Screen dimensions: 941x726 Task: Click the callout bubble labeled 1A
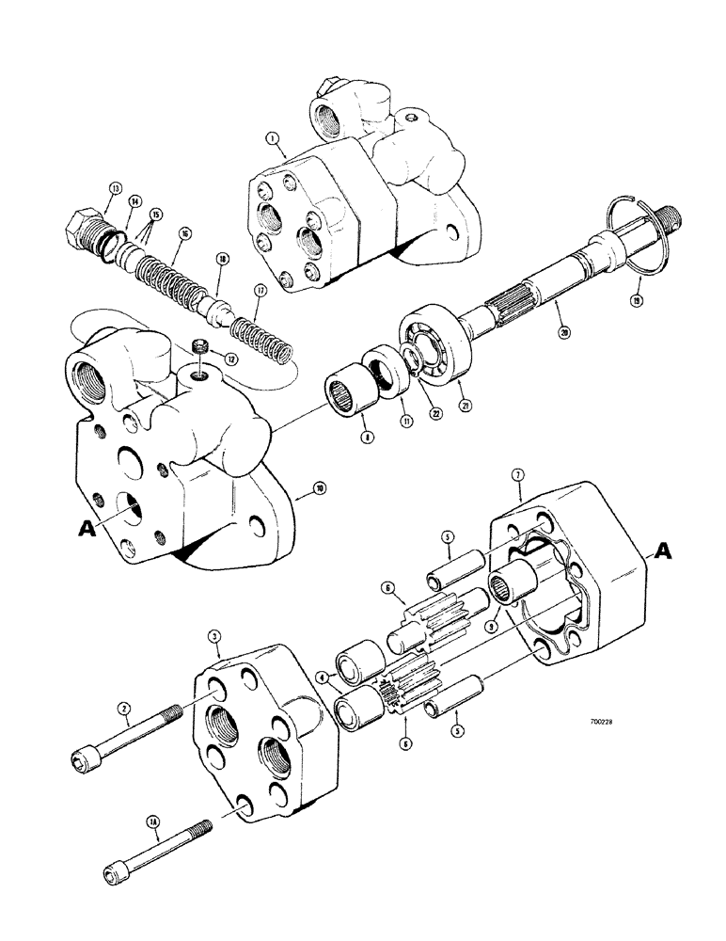[x=152, y=821]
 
